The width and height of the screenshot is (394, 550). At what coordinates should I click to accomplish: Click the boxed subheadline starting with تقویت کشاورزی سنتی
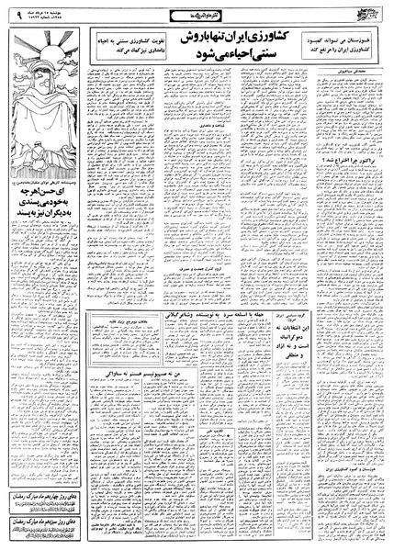pos(133,50)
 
